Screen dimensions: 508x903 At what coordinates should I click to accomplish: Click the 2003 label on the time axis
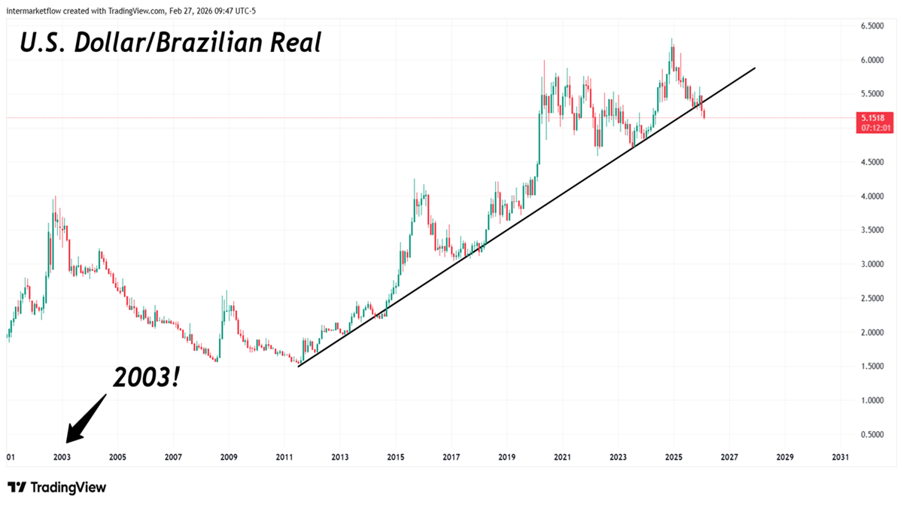pyautogui.click(x=62, y=457)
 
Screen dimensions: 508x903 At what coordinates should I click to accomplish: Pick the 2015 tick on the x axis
pyautogui.click(x=396, y=457)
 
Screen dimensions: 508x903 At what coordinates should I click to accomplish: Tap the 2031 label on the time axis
pyautogui.click(x=841, y=457)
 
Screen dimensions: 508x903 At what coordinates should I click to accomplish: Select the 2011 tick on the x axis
pyautogui.click(x=284, y=457)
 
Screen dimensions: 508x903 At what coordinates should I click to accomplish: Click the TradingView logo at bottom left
pyautogui.click(x=57, y=488)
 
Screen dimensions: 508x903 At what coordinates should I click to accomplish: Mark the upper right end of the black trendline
pyautogui.click(x=755, y=68)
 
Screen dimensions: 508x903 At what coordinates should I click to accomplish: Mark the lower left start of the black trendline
pyautogui.click(x=299, y=367)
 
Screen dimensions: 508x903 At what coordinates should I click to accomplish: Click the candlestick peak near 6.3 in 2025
pyautogui.click(x=672, y=39)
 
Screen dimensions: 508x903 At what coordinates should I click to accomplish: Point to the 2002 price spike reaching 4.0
pyautogui.click(x=54, y=197)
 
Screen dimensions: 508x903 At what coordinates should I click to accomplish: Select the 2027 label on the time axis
pyautogui.click(x=729, y=457)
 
